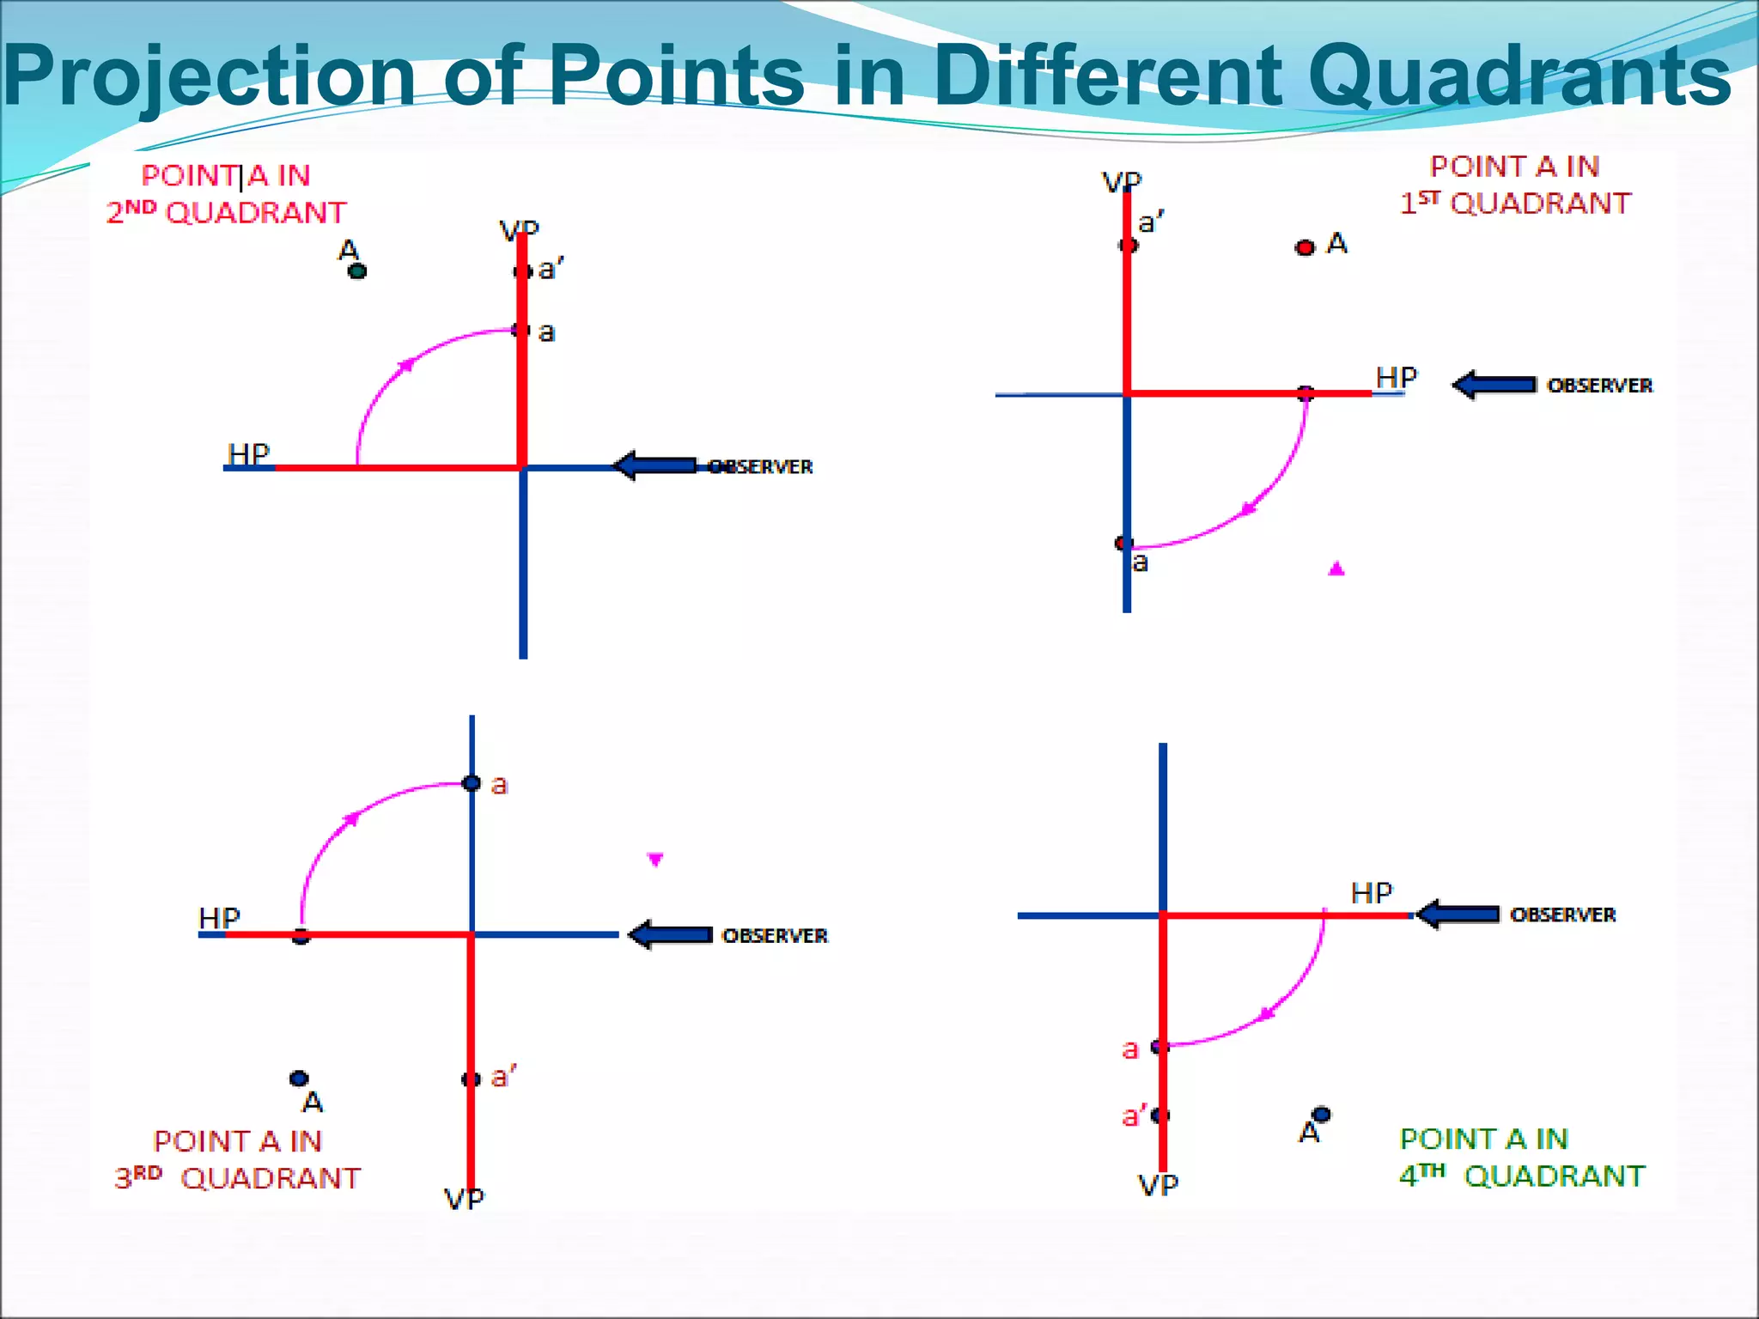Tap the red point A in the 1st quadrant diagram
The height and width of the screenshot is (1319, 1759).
point(1305,248)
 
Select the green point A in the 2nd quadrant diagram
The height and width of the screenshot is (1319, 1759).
point(357,271)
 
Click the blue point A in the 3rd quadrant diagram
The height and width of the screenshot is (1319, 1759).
point(299,1078)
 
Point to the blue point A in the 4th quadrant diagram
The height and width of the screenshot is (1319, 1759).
point(1321,1114)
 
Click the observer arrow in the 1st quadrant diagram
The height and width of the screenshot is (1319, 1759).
point(1494,385)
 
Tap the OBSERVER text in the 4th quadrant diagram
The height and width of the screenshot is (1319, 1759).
point(1562,915)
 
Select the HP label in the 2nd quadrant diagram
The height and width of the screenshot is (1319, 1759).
point(248,453)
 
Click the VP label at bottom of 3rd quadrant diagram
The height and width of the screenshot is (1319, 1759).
point(464,1199)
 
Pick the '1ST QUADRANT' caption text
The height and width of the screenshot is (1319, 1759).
point(1516,204)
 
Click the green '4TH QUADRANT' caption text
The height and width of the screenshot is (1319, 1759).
point(1522,1176)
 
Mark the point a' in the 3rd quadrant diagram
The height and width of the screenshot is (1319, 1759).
point(471,1079)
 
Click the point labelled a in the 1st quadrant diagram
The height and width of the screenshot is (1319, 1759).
point(1123,543)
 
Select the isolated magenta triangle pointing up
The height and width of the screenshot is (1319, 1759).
point(1336,568)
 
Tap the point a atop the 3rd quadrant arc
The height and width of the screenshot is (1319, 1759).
point(472,783)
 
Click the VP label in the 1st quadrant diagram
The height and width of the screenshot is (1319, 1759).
point(1122,182)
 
